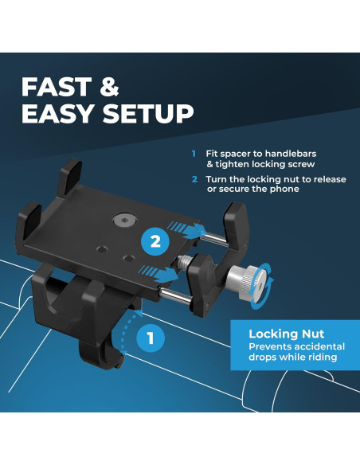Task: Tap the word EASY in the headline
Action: click(x=57, y=114)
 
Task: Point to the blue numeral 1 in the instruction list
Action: click(x=193, y=154)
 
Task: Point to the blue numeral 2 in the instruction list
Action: click(x=193, y=179)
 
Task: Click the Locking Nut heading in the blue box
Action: click(x=280, y=334)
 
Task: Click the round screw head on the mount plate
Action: click(x=123, y=217)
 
